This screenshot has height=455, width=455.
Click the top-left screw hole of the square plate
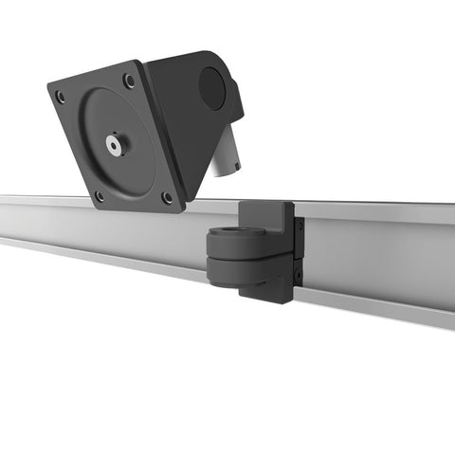61,97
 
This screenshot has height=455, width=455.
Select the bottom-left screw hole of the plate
99,196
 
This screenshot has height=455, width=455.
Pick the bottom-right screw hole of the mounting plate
168,198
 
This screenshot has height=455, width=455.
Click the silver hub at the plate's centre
115,145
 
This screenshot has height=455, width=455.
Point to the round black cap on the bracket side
212,88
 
